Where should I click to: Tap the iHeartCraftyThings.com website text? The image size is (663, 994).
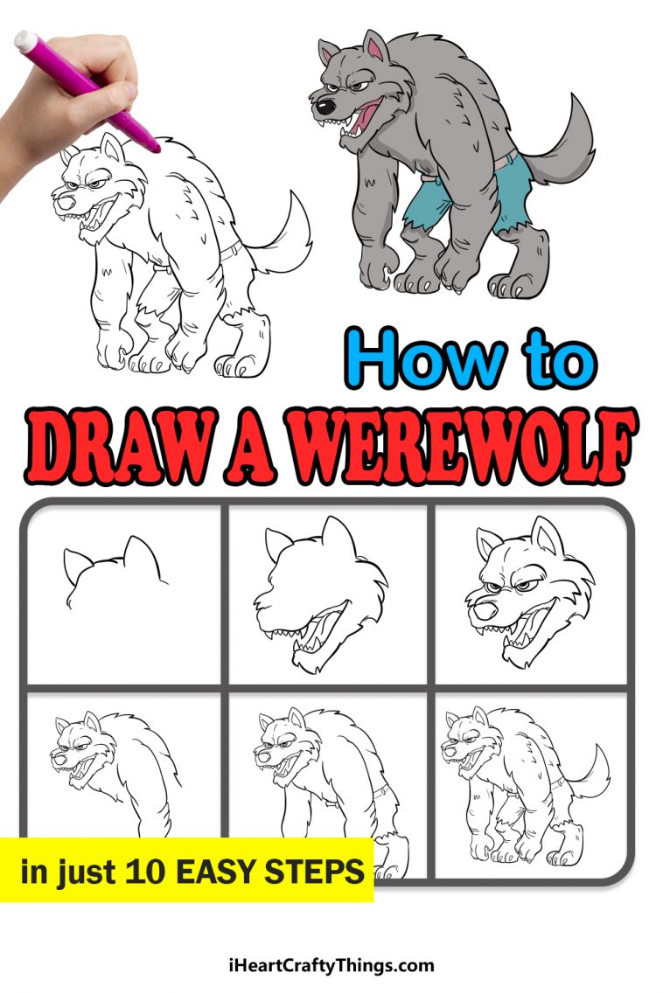pyautogui.click(x=331, y=966)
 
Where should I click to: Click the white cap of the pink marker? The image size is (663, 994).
pyautogui.click(x=27, y=41)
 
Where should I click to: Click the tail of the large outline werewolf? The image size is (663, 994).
pyautogui.click(x=290, y=232)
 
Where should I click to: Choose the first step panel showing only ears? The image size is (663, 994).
pyautogui.click(x=124, y=594)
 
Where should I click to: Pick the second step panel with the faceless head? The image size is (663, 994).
pyautogui.click(x=327, y=594)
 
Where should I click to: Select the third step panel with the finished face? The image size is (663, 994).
pyautogui.click(x=530, y=594)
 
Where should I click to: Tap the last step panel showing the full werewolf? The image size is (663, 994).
pyautogui.click(x=530, y=782)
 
